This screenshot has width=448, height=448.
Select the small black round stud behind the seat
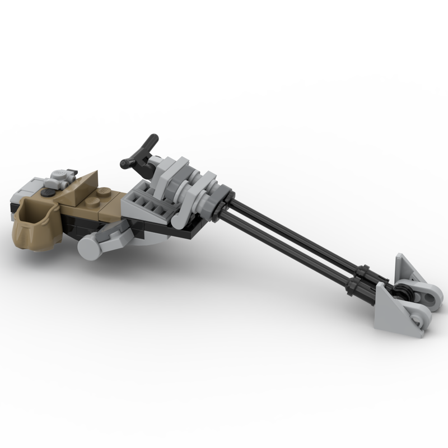pyautogui.click(x=50, y=192)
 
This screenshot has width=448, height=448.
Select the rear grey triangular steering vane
pyautogui.click(x=407, y=268)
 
